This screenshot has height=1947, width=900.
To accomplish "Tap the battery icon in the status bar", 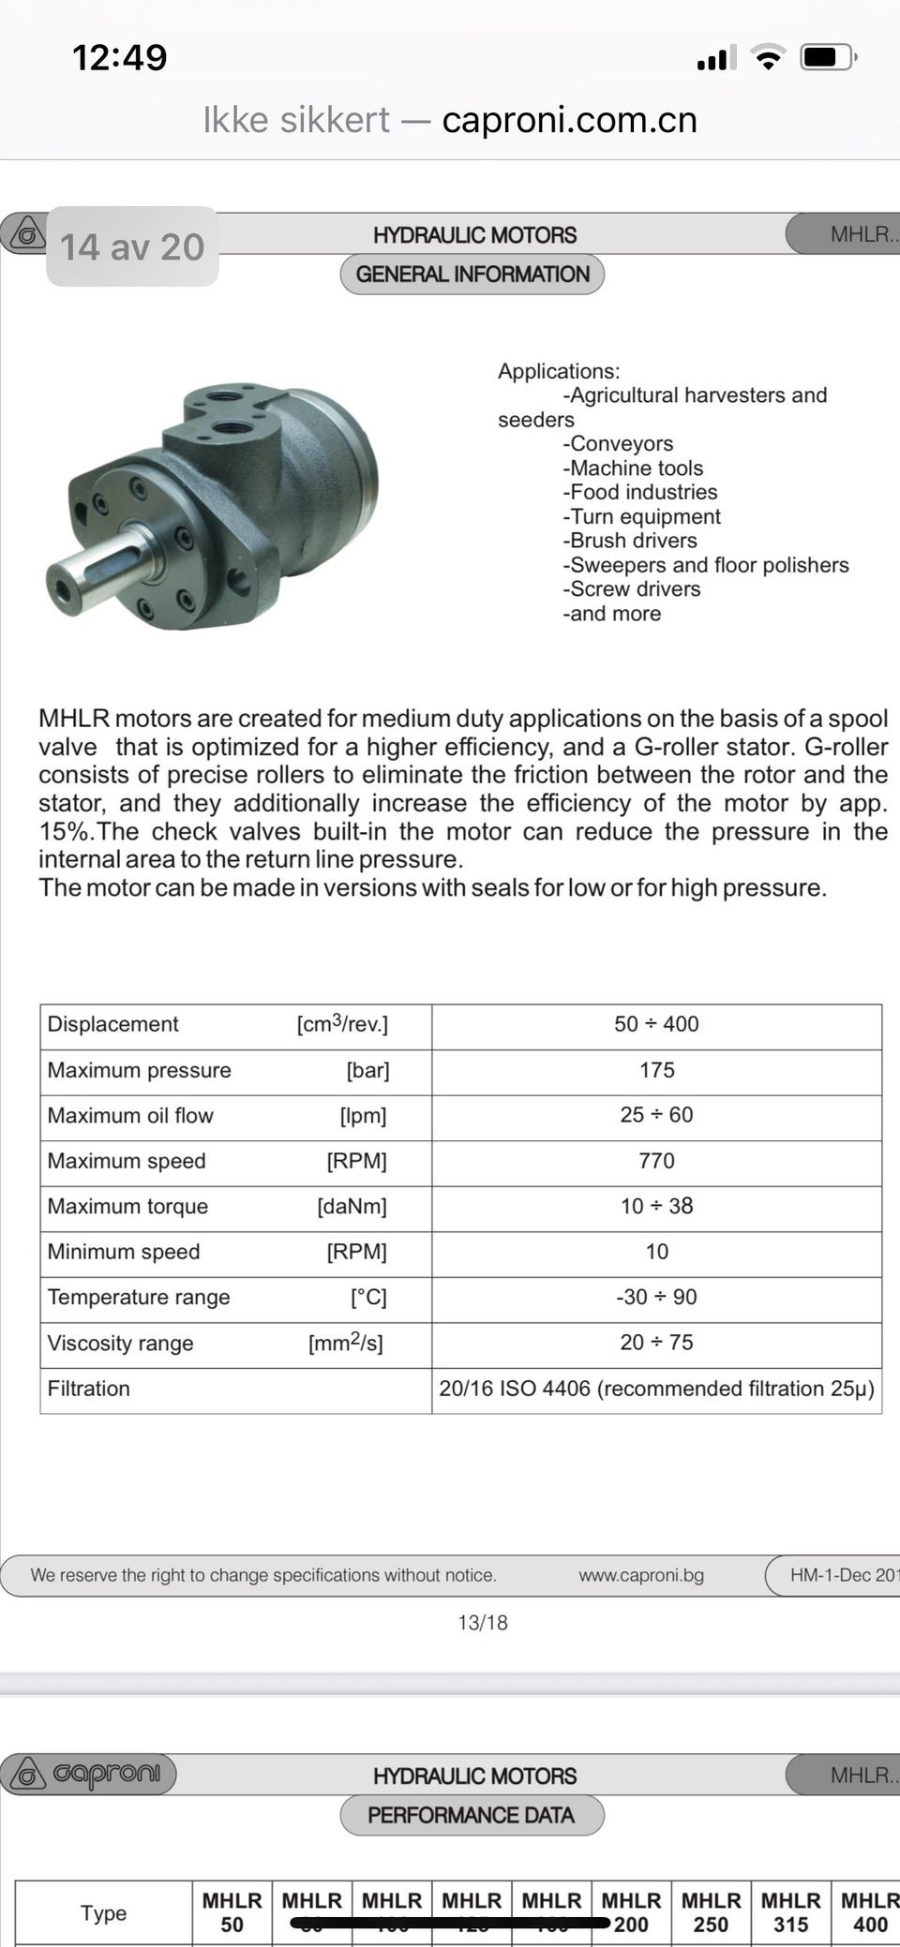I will coord(826,58).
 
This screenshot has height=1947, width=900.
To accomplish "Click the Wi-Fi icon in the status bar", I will coord(768,58).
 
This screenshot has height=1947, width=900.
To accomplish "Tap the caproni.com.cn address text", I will coord(569,120).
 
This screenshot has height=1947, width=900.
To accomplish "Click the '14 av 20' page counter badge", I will coord(132,246).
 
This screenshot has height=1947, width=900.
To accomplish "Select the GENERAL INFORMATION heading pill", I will coord(472,275).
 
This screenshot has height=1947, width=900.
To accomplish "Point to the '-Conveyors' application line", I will coord(618,443).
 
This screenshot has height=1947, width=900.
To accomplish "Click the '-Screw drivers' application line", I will coord(632,588).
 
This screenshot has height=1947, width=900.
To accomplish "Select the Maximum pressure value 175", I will coord(656,1070).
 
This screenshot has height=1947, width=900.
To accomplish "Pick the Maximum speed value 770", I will coord(656,1161).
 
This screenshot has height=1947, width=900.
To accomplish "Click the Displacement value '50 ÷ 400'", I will coord(656,1024).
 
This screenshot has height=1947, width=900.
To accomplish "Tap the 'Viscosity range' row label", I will coord(121,1343).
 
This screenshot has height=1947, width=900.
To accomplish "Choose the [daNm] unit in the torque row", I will coord(352,1206).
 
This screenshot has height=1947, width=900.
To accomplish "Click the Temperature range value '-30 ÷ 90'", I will coord(656,1297).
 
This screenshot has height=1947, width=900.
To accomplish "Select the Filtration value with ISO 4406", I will coord(656,1389).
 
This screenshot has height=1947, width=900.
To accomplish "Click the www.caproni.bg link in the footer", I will coord(641,1575).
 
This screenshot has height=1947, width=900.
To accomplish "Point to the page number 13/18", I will coord(482,1623).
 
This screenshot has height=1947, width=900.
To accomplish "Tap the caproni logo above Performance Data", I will coord(88,1774).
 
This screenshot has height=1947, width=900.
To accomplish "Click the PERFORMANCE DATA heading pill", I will coord(472,1815).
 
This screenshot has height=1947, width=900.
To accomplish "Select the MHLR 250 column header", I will coord(711,1912).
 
